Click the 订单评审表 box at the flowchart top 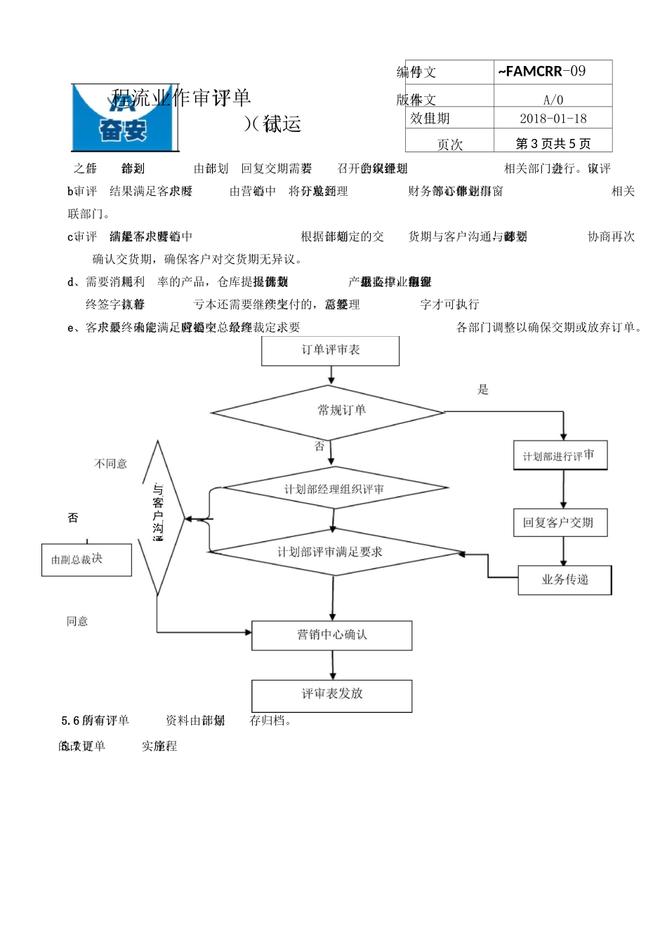330,350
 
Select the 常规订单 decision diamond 329,411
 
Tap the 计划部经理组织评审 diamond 334,489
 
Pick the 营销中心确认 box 331,635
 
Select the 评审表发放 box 331,695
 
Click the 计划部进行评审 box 560,455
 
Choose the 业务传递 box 564,580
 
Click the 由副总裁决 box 86,559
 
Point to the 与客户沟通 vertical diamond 159,518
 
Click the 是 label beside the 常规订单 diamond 483,389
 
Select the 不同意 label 111,464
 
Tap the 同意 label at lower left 77,621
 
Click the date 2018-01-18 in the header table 553,119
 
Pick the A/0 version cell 553,100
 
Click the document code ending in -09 542,72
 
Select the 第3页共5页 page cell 553,144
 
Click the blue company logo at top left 124,118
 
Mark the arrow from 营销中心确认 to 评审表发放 333,664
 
